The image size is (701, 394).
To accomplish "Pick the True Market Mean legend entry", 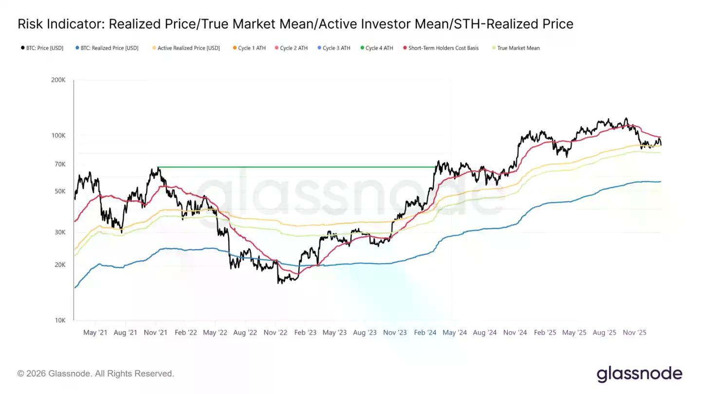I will tap(518, 48).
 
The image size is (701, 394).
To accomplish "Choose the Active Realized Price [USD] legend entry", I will tap(188, 48).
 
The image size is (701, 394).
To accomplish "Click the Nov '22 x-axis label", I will tap(276, 333).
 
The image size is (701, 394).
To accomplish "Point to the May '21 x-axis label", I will tap(95, 333).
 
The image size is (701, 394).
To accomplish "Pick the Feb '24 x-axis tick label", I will tap(425, 333).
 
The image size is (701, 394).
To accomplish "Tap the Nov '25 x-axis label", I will tap(635, 333).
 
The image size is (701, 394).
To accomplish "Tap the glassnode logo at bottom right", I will tap(639, 374).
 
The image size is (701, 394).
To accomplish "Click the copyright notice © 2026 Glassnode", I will tap(95, 374).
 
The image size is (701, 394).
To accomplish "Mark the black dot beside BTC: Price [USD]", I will tap(22, 48).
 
